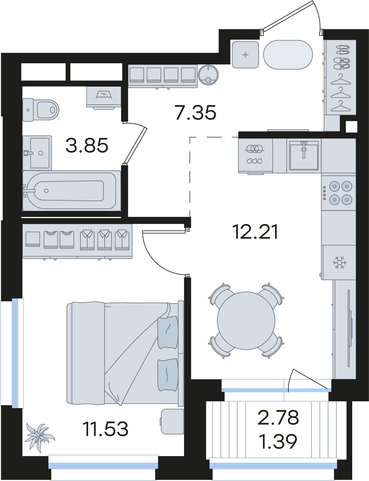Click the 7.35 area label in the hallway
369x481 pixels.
click(x=195, y=113)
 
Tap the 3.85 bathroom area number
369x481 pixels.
click(x=87, y=145)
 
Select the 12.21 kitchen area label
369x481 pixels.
click(x=255, y=232)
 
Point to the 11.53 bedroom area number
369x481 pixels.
click(x=105, y=429)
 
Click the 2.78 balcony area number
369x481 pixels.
click(x=278, y=418)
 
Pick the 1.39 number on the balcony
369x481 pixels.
click(x=278, y=441)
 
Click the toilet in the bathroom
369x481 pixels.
click(x=41, y=110)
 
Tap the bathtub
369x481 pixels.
click(x=72, y=191)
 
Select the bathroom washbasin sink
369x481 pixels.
click(x=37, y=153)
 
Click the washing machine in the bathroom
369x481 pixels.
click(x=104, y=98)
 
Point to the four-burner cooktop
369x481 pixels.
click(x=338, y=193)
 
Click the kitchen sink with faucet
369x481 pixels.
click(x=304, y=156)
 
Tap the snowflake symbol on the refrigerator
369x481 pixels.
click(x=340, y=262)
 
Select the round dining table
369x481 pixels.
click(x=246, y=321)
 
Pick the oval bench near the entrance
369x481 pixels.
click(x=288, y=55)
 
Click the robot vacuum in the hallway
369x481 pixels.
click(x=208, y=75)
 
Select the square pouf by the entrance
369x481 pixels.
click(x=245, y=55)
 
